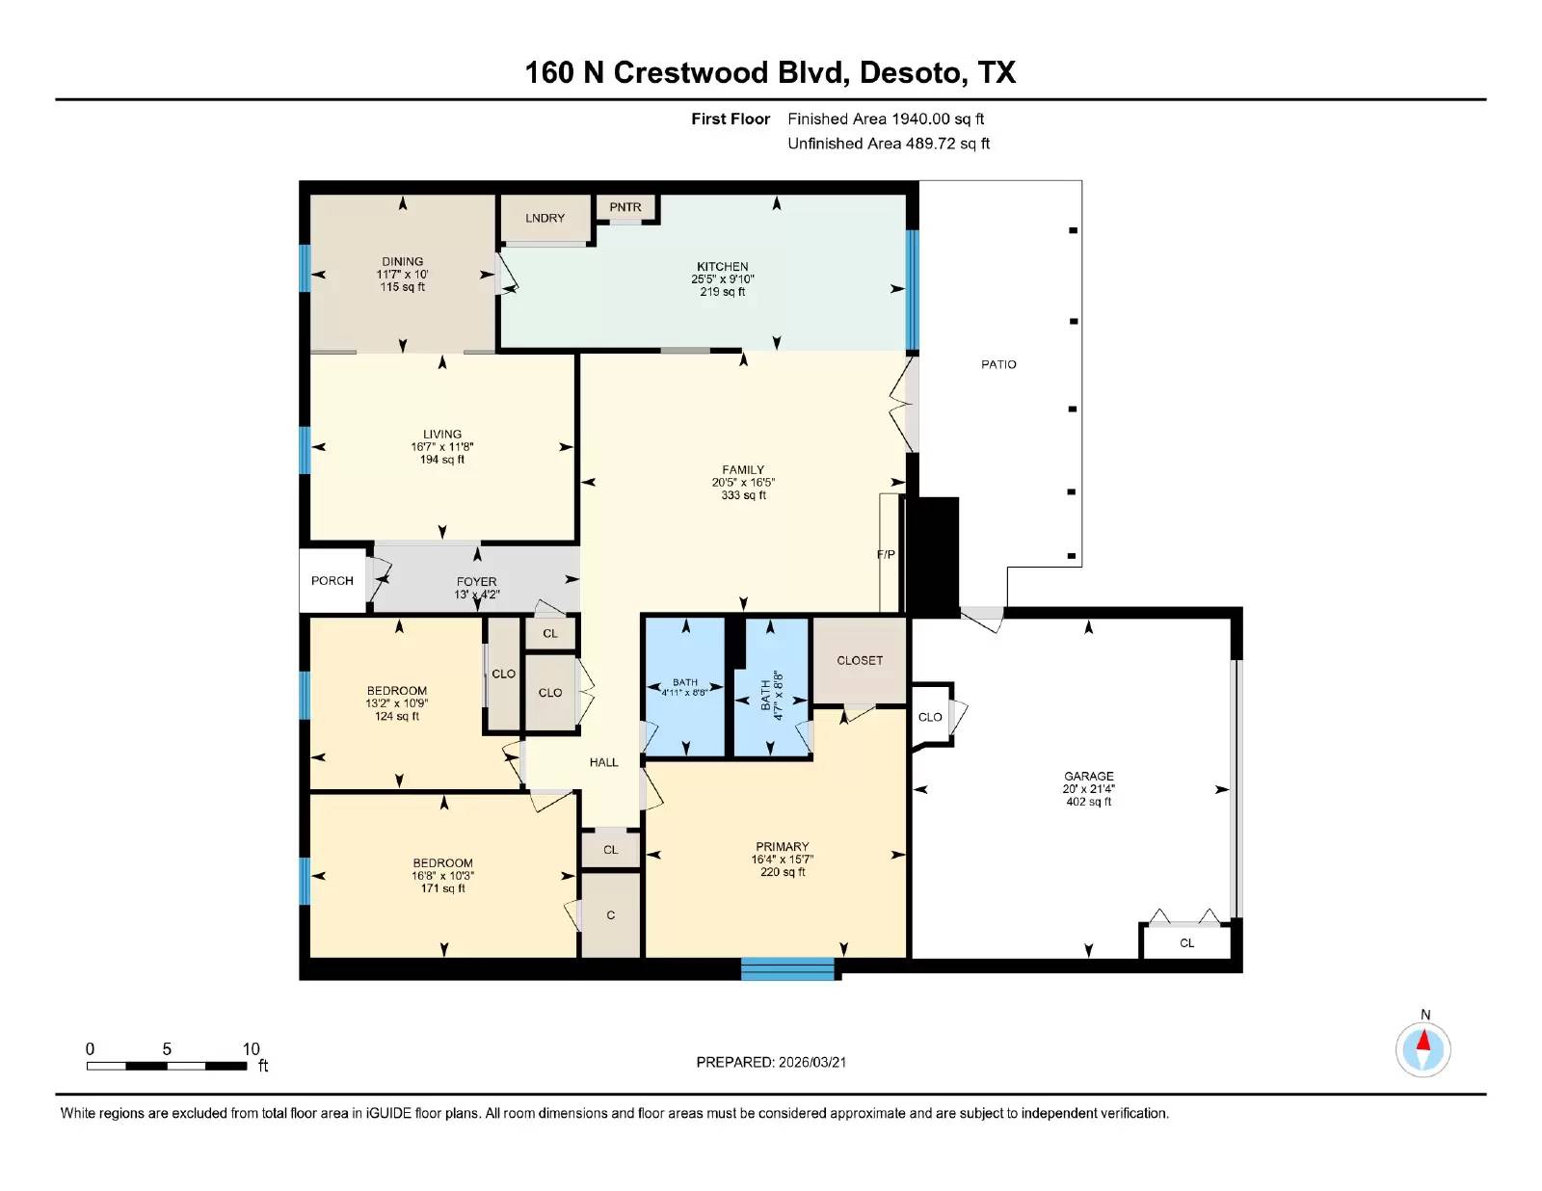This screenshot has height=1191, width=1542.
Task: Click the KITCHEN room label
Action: (x=723, y=267)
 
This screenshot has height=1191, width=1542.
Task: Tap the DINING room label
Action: (x=402, y=262)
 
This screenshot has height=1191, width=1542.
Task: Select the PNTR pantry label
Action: (x=625, y=207)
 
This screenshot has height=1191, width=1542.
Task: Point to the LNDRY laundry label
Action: (x=545, y=218)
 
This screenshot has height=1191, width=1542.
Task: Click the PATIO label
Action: (x=998, y=364)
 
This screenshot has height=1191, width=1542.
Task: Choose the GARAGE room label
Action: (x=1088, y=776)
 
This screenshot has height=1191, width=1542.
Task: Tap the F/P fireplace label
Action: (x=886, y=555)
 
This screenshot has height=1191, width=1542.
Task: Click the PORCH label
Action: (x=332, y=581)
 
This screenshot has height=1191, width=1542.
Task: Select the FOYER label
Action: (x=476, y=582)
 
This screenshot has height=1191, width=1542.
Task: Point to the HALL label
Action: (x=604, y=762)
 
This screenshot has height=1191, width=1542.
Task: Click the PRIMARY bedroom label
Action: (x=782, y=847)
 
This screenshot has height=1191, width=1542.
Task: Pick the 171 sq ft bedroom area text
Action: (x=442, y=888)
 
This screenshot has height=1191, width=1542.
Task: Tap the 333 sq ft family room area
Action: (x=744, y=495)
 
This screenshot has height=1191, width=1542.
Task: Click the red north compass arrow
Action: (x=1423, y=1040)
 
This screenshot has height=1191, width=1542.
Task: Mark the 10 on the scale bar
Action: (x=252, y=1049)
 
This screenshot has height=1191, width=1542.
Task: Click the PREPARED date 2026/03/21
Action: (x=811, y=1063)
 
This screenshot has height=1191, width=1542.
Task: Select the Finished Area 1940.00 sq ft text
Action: (x=886, y=119)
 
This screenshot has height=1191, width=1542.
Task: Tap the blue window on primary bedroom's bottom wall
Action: (x=787, y=969)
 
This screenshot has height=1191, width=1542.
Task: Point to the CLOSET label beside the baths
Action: (x=860, y=660)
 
